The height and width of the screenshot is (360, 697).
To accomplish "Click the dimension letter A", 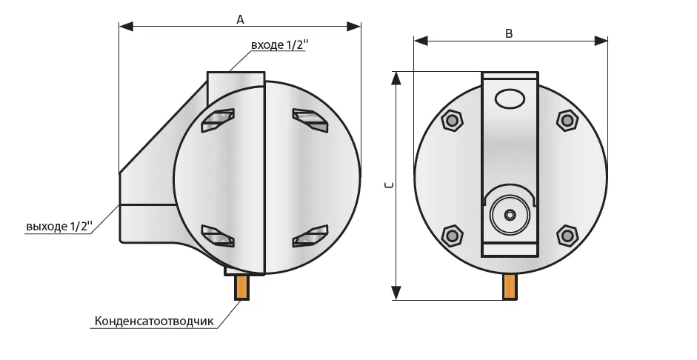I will click(240, 20).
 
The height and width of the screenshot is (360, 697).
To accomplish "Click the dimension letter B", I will click(509, 33).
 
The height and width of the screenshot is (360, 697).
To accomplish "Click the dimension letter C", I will click(390, 185).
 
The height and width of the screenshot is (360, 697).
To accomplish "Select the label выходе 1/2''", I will click(59, 225).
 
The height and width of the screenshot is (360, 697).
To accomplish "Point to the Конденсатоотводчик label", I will click(153, 321).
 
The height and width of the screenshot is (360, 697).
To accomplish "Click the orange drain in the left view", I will click(242, 287).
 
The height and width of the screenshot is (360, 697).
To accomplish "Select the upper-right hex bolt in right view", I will click(567, 120).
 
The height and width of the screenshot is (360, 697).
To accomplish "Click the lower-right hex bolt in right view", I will click(567, 236).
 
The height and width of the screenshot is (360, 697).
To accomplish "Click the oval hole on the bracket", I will click(509, 99).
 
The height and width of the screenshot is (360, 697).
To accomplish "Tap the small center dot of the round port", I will click(509, 215).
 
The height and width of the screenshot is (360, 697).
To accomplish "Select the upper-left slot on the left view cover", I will click(218, 120).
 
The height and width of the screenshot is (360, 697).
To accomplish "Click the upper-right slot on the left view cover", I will click(310, 120).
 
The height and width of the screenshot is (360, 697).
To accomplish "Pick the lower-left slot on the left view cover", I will click(218, 235).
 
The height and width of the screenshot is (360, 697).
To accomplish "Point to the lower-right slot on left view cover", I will click(310, 235).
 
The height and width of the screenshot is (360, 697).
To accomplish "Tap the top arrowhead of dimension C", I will click(397, 77).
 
